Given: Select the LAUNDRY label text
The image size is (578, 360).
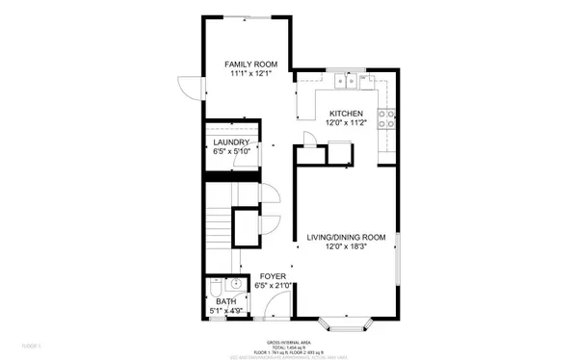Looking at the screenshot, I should click(231, 142).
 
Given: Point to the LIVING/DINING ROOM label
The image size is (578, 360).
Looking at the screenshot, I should click(346, 237).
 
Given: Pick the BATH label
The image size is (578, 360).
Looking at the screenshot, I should click(225, 301).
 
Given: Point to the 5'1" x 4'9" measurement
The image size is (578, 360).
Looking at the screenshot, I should click(225, 311).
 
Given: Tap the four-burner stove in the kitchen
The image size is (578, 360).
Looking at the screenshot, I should click(386, 119).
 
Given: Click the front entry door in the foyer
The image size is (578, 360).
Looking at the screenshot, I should click(277, 307).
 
